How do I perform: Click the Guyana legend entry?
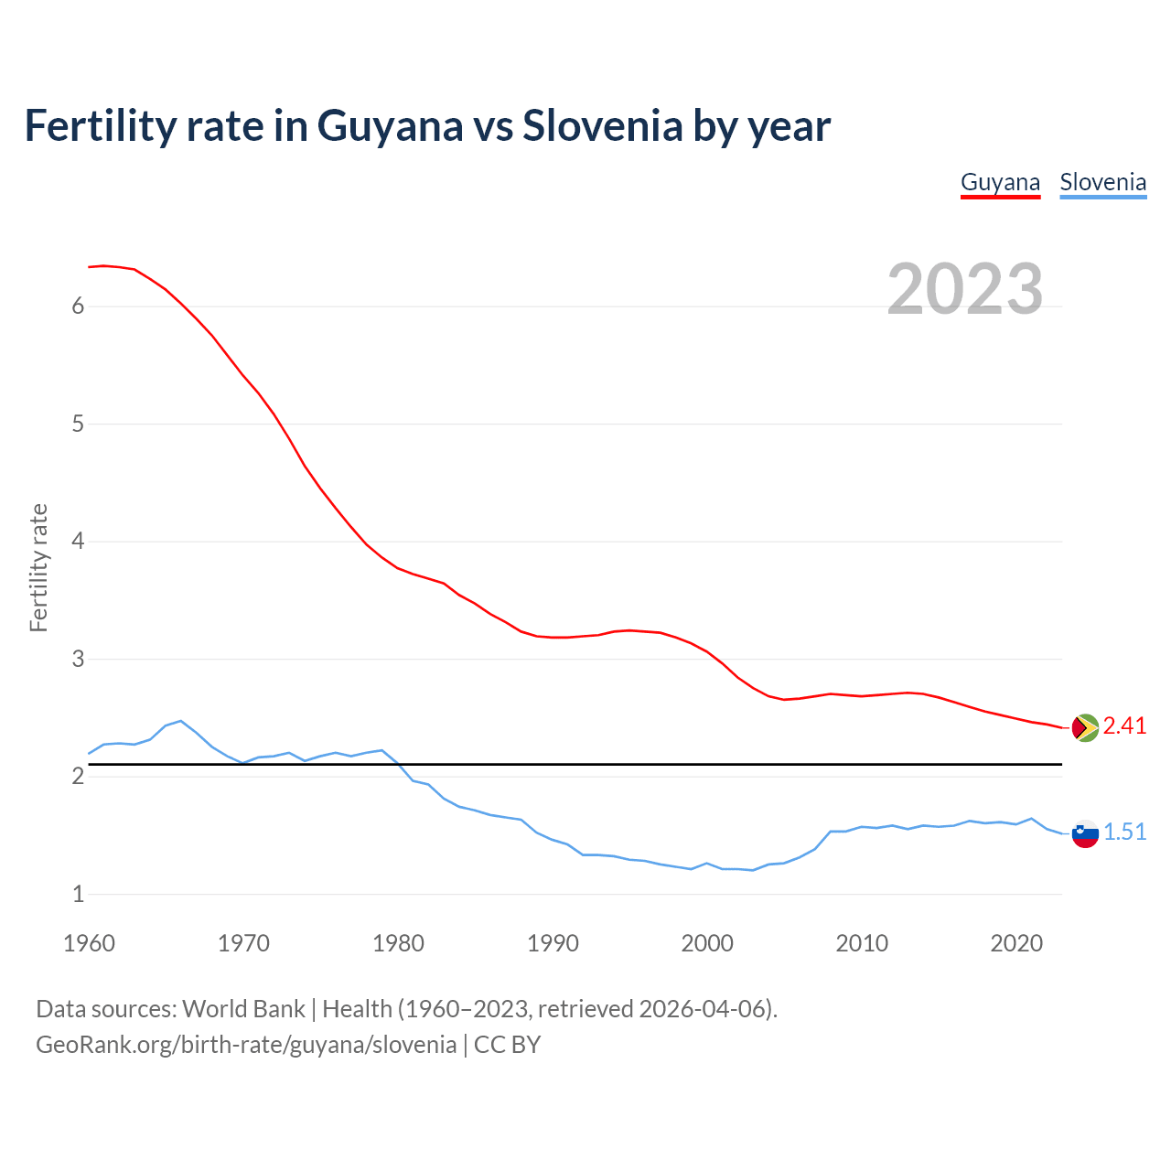click(x=1000, y=183)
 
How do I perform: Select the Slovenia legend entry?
click(x=1102, y=183)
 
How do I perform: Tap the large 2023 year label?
click(x=965, y=289)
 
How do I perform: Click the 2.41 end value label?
click(x=1124, y=726)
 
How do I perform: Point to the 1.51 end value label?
click(x=1124, y=833)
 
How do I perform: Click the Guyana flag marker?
click(x=1085, y=727)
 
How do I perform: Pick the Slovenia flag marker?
click(x=1085, y=833)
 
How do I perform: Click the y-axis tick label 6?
click(x=78, y=306)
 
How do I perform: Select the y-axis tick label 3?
click(x=78, y=660)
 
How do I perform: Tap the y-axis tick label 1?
click(x=78, y=895)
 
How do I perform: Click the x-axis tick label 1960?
click(x=89, y=943)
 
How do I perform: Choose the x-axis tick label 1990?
click(x=553, y=943)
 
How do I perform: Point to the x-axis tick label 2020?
click(x=1016, y=943)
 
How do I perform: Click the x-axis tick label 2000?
click(x=707, y=943)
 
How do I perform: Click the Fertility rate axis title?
click(x=38, y=567)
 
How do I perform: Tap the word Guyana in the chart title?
click(x=390, y=126)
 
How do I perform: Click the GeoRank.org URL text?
click(x=245, y=1045)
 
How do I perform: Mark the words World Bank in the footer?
click(x=243, y=1009)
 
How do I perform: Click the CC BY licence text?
click(x=507, y=1045)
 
